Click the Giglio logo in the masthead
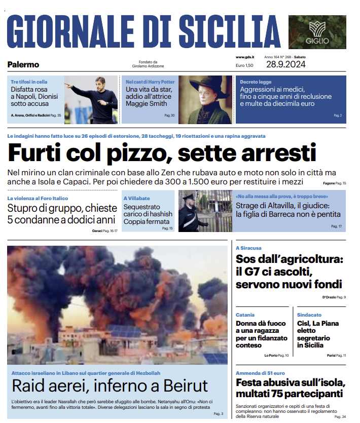[317, 31]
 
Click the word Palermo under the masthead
[23, 64]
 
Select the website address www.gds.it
[245, 57]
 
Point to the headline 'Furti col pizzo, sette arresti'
[162, 152]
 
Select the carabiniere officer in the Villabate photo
[189, 213]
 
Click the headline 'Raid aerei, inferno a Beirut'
[110, 386]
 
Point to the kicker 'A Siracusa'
[249, 248]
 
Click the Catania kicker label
[245, 315]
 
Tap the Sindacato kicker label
[309, 315]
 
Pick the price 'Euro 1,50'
[244, 65]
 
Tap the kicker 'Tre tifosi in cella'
[29, 82]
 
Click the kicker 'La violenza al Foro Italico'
[38, 198]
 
